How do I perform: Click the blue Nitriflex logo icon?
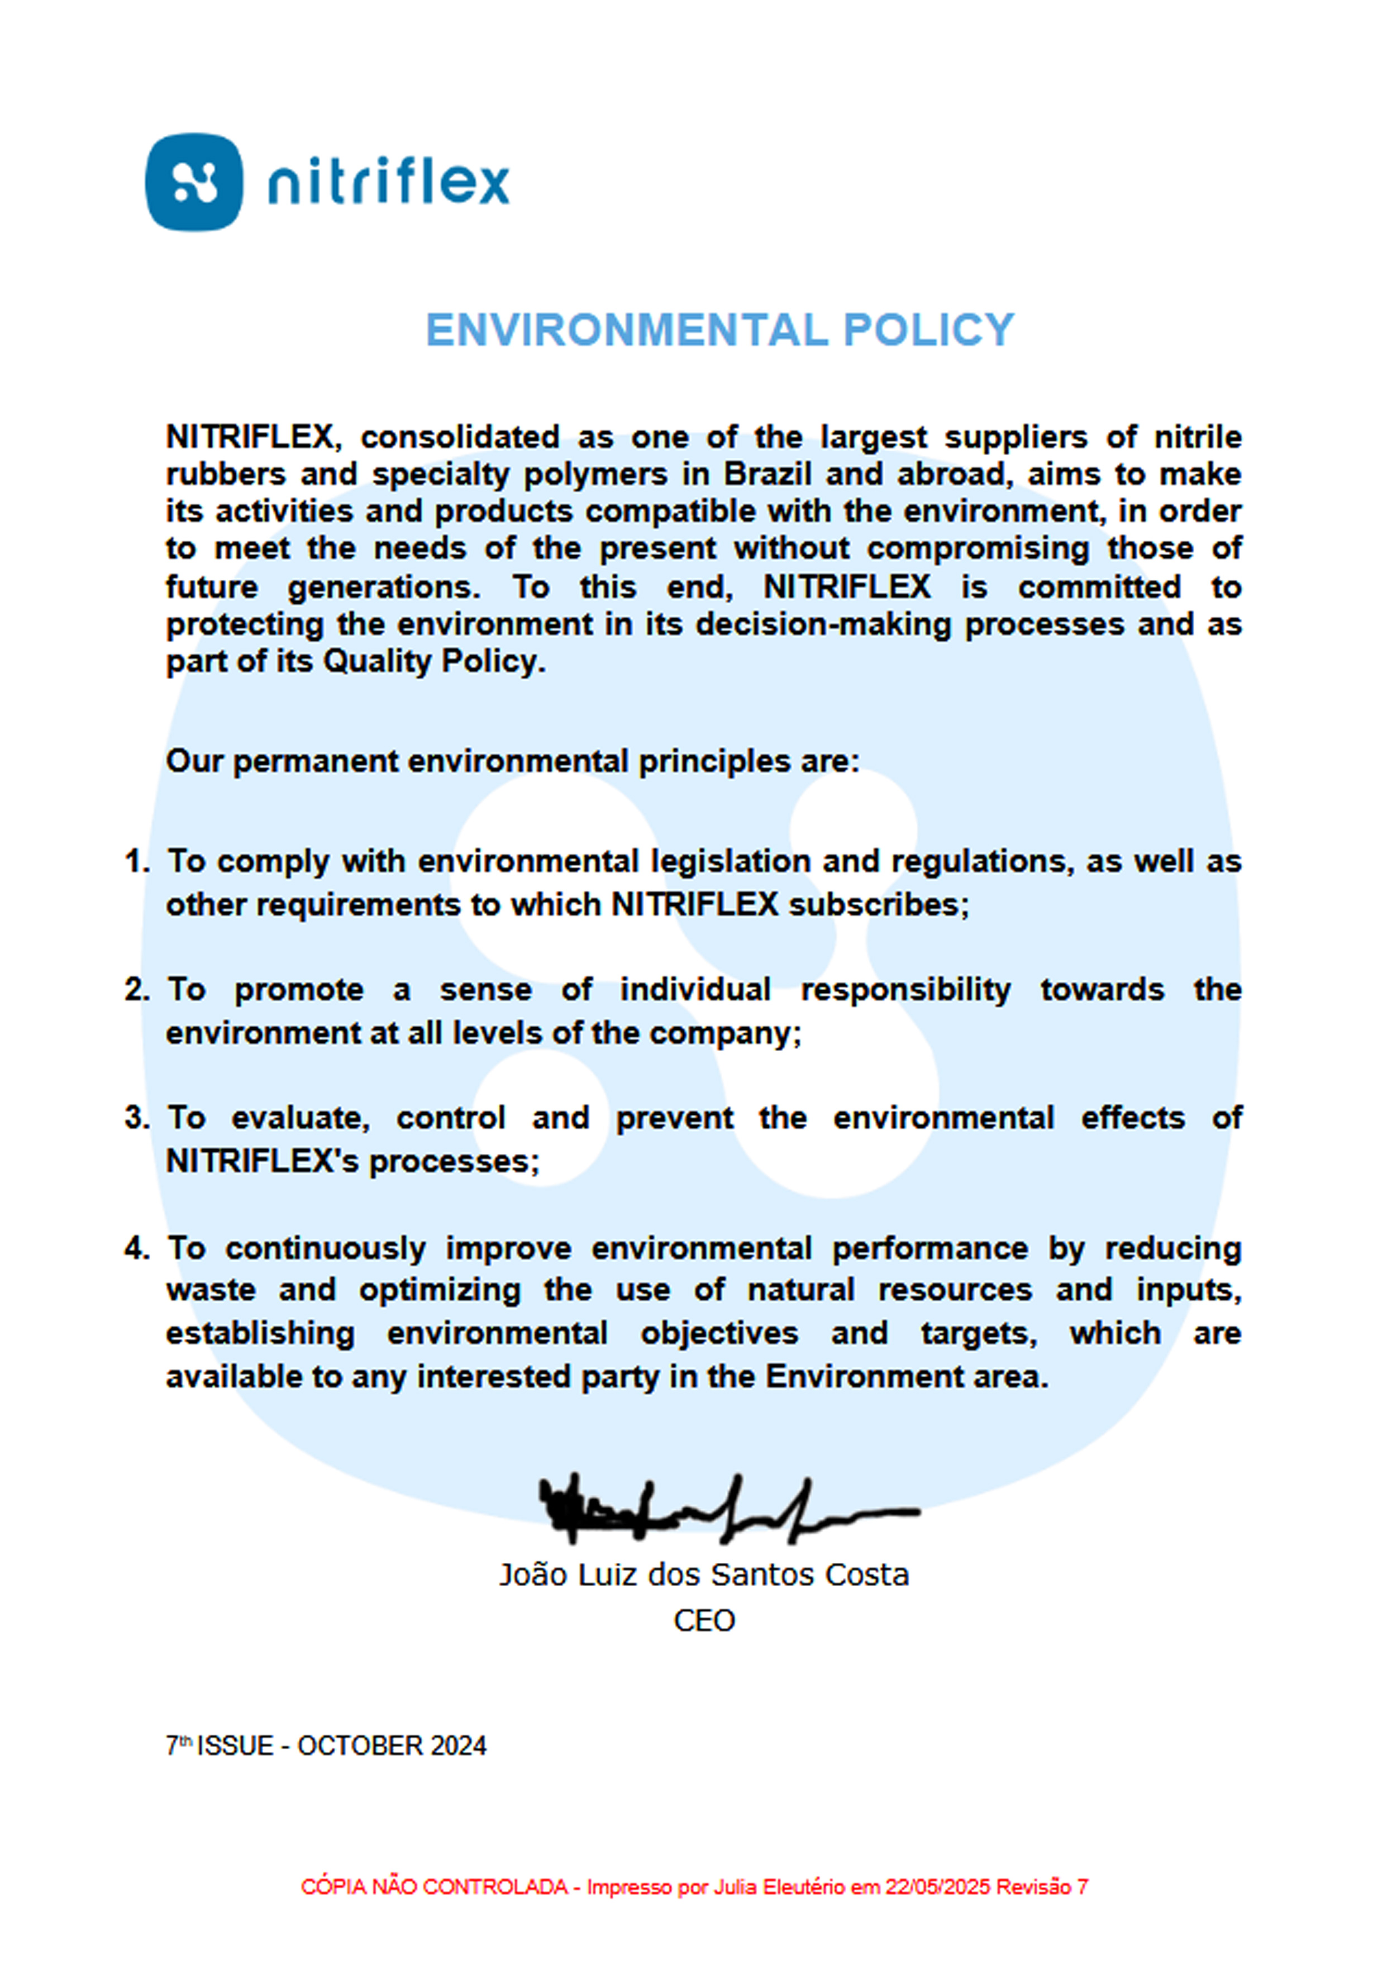[x=194, y=182]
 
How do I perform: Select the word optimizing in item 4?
[x=439, y=1291]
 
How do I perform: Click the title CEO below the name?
[x=704, y=1620]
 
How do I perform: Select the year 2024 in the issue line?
[x=458, y=1746]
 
